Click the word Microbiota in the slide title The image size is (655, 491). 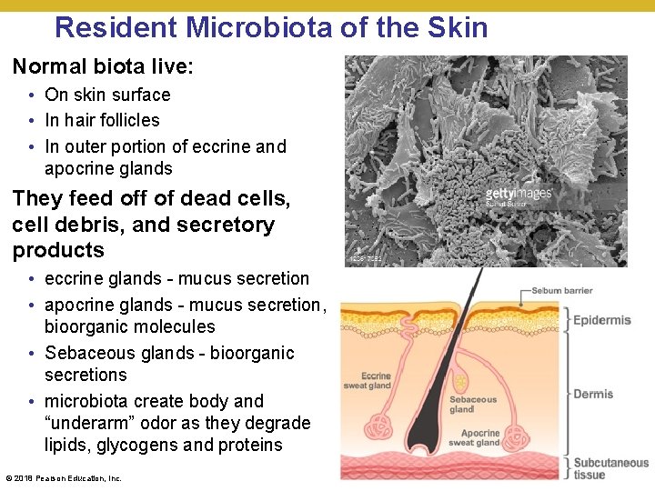[260, 27]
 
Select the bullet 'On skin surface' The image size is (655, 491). [107, 95]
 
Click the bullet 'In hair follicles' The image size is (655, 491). [102, 120]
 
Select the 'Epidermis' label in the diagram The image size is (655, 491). [601, 320]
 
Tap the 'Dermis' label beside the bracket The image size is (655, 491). [593, 394]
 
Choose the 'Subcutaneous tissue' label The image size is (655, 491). [610, 468]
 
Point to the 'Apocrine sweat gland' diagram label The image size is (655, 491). [474, 437]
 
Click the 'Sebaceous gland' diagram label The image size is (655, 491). [473, 404]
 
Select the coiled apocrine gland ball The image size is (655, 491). [519, 429]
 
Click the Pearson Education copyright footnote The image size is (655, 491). [64, 478]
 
